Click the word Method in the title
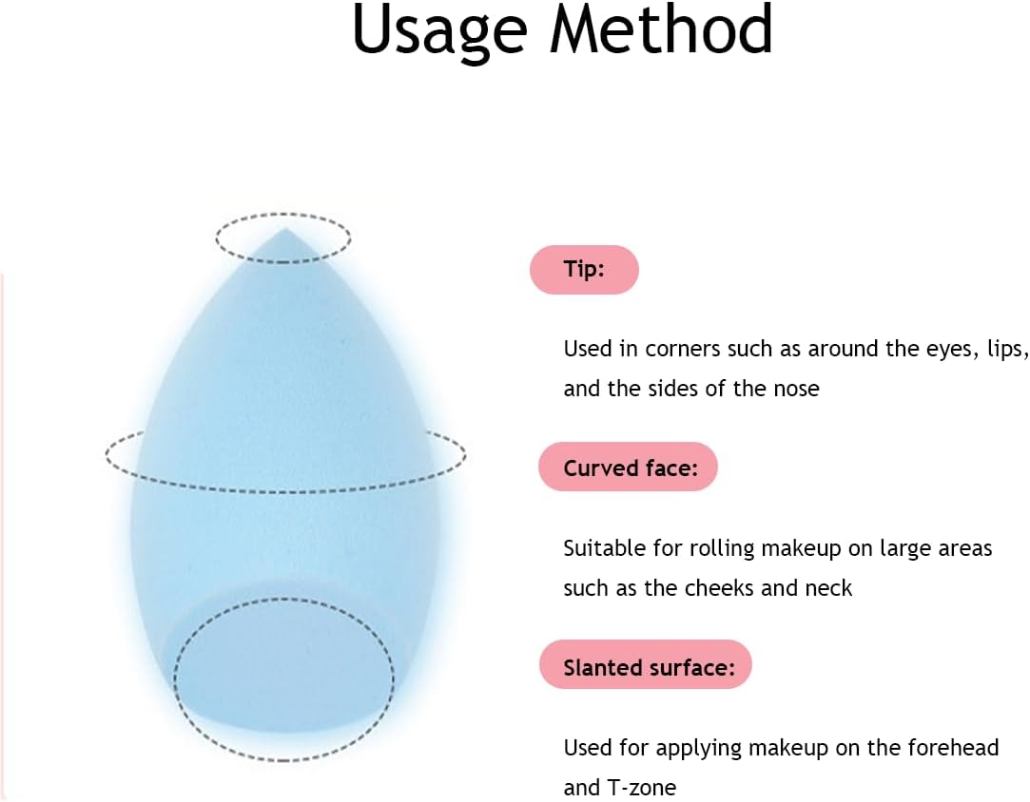662,29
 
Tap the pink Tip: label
584,270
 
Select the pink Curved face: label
628,468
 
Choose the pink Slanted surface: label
645,665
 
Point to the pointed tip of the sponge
283,230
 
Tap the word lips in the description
1007,349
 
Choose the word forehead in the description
953,748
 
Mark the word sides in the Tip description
673,390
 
